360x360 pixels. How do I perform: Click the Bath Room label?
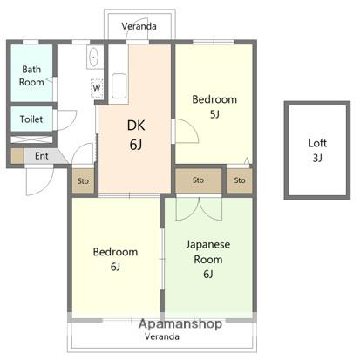click(31, 76)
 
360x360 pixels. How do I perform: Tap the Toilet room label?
click(31, 119)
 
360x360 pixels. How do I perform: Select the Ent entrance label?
click(42, 156)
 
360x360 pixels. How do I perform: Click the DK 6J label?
click(136, 135)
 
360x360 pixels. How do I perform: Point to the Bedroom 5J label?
click(214, 106)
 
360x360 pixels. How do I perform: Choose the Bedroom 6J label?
click(115, 259)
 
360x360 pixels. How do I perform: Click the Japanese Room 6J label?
click(208, 259)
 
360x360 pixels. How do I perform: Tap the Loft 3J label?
click(317, 150)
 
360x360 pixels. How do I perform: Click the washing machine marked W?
click(97, 88)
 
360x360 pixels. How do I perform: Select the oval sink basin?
click(93, 57)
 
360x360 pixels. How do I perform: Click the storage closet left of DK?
click(83, 180)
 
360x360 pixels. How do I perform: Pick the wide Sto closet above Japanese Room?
click(198, 180)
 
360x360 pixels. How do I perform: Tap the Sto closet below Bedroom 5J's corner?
click(240, 180)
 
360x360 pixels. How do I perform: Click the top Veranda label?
click(139, 26)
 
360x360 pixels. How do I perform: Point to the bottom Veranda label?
click(162, 336)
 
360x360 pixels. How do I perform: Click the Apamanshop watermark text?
click(180, 323)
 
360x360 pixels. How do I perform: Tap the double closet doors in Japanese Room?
click(199, 208)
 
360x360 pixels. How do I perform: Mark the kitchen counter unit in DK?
click(119, 74)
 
